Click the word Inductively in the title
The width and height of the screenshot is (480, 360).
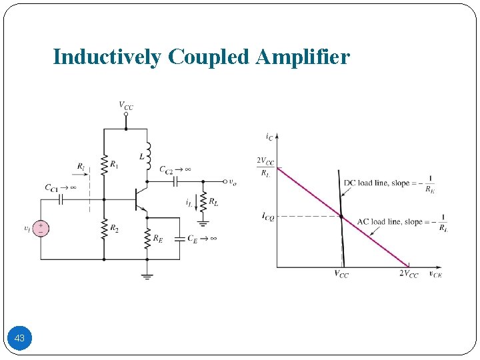pos(106,57)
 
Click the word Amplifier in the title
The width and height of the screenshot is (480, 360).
pos(303,57)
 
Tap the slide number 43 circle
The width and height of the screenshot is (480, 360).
pos(19,339)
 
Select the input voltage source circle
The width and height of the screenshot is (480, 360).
pos(41,229)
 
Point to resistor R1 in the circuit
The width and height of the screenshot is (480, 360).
pos(104,164)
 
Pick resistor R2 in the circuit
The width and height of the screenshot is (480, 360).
pos(104,229)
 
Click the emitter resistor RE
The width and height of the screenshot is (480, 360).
pos(147,237)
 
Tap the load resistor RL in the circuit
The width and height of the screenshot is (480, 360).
pos(203,202)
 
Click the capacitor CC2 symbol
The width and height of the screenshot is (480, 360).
pos(175,180)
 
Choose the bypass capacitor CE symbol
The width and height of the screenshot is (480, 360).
pos(179,238)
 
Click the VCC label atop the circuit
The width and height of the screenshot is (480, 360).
pos(125,105)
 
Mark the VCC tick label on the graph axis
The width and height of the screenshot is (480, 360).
pos(341,274)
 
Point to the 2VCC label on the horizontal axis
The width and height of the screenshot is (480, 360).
pos(409,274)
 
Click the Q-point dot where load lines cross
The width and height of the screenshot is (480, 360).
pos(341,216)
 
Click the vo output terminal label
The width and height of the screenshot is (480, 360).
pos(232,181)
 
